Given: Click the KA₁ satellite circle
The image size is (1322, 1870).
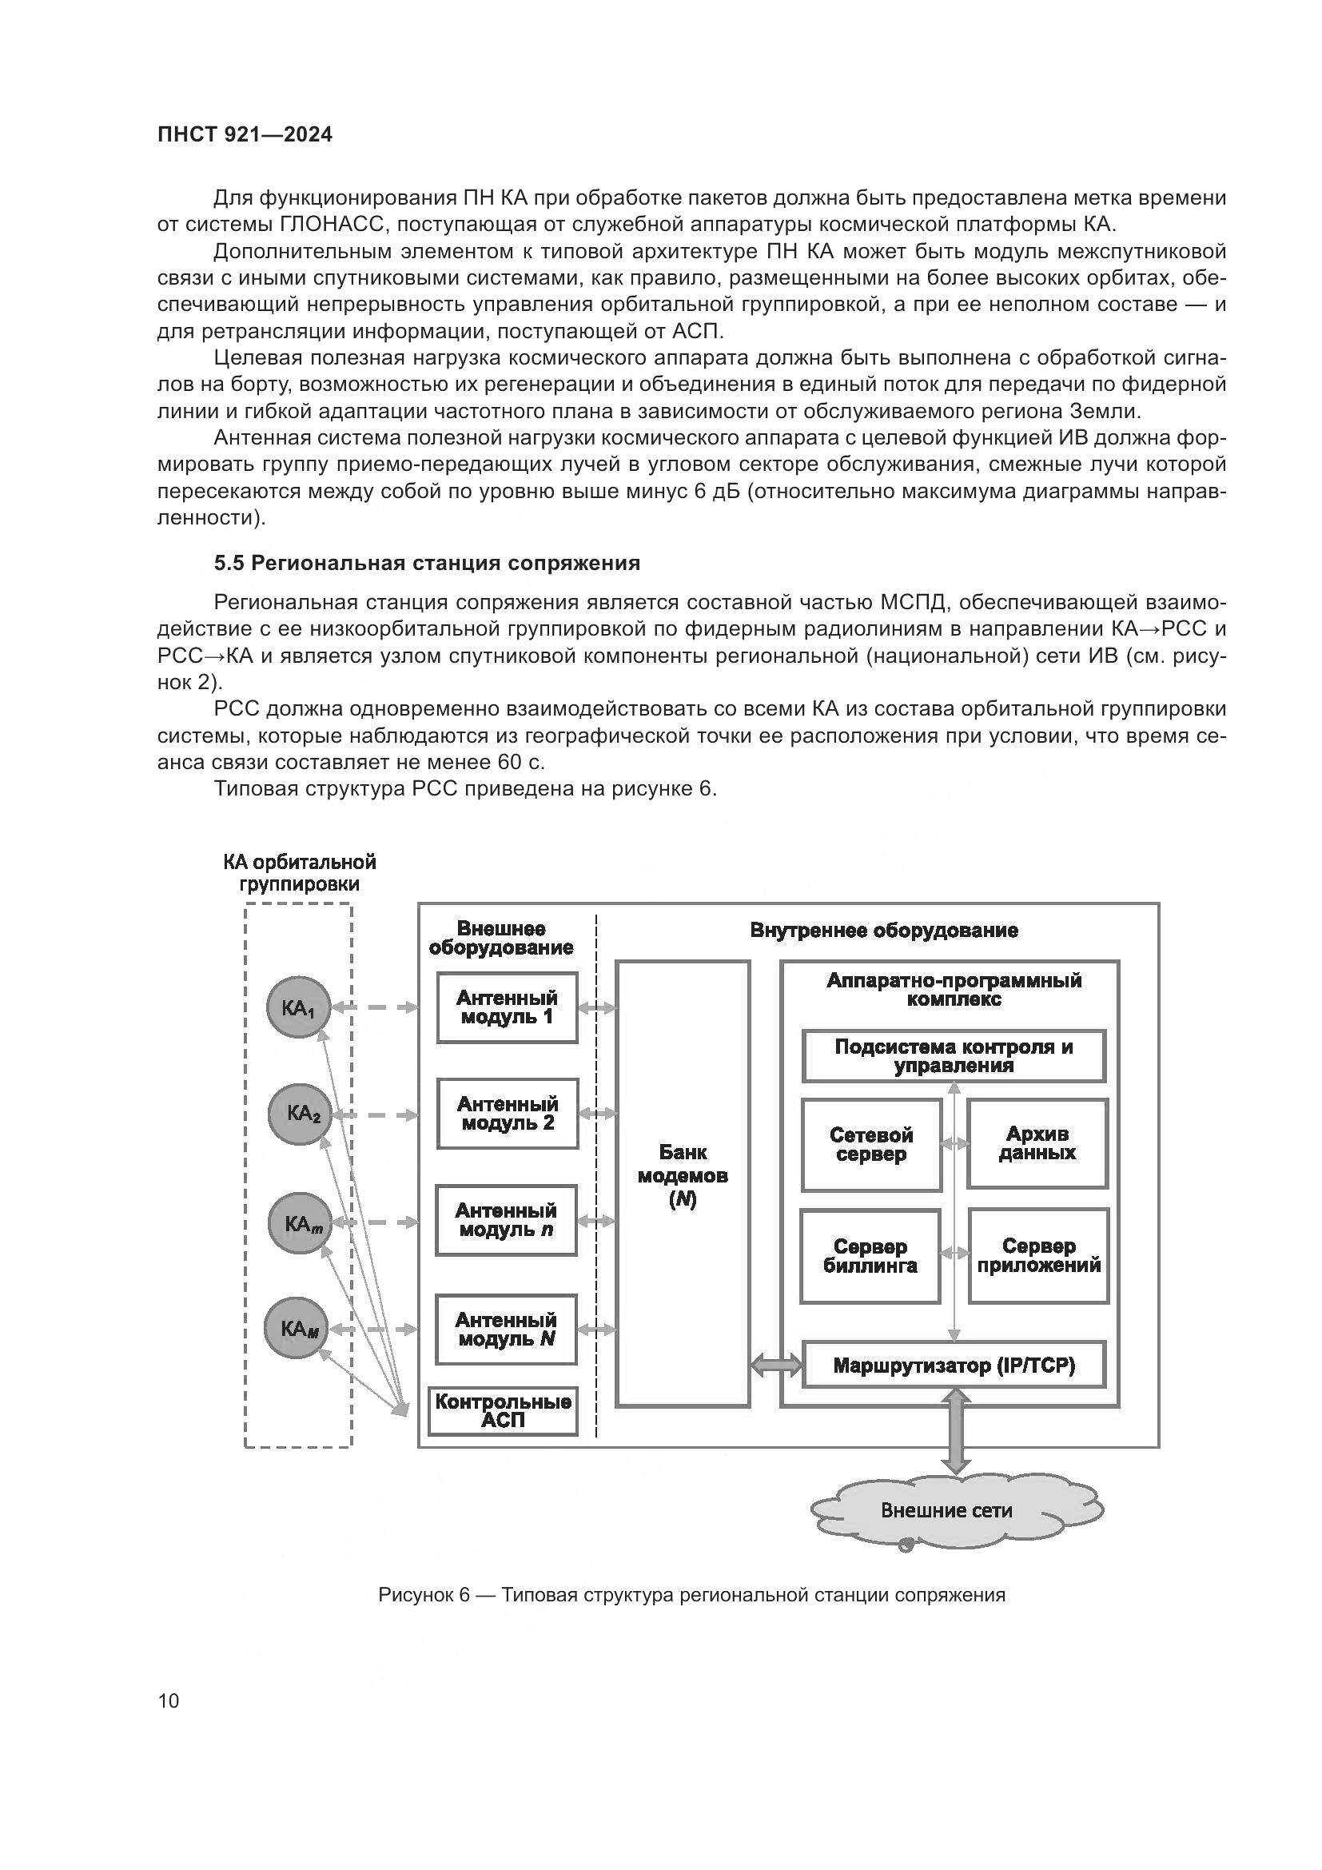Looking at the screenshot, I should (x=298, y=1008).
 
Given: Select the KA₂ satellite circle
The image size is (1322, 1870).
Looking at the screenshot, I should (x=300, y=1115).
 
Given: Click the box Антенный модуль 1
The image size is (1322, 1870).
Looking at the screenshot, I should (x=508, y=1007).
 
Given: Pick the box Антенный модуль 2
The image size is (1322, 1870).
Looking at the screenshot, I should (x=508, y=1114).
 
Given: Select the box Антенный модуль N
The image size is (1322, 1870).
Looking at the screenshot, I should (x=506, y=1330).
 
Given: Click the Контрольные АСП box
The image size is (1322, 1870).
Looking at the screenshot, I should (x=503, y=1411).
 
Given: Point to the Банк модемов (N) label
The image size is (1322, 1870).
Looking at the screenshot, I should (x=682, y=1175).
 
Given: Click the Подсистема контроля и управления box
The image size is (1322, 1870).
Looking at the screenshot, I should (x=954, y=1056).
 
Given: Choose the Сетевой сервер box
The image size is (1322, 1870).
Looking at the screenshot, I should (x=871, y=1145).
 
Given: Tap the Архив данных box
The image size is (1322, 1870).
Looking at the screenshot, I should (x=1037, y=1143).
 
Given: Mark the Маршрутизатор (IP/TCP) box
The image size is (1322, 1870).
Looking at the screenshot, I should (x=954, y=1365).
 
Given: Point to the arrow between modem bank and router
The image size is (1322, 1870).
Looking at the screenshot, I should (x=777, y=1365).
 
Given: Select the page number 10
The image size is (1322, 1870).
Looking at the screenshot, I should (x=169, y=1701).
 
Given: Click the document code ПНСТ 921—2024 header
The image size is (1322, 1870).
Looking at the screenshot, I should (x=245, y=135).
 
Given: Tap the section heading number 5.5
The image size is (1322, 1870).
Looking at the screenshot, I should (x=229, y=563).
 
